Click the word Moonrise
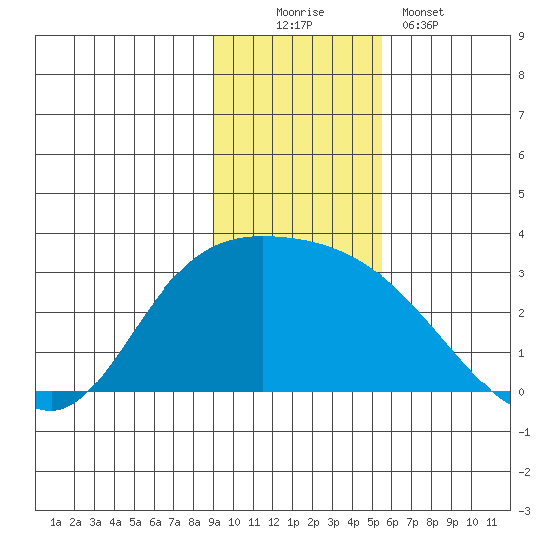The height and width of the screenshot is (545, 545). click(x=300, y=12)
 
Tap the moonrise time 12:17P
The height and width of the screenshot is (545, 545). click(x=294, y=25)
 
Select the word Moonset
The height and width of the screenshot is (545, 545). click(x=423, y=12)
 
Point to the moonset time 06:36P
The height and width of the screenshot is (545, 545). click(x=420, y=25)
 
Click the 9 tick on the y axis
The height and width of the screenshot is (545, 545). click(x=521, y=36)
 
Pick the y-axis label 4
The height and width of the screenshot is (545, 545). click(x=521, y=234)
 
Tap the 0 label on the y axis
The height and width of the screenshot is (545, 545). click(x=521, y=392)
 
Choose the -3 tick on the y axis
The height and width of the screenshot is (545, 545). click(x=524, y=511)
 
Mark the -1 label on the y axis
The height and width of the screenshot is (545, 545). click(x=524, y=432)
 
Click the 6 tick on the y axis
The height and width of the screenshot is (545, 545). click(x=521, y=155)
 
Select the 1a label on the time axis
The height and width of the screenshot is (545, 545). click(x=55, y=522)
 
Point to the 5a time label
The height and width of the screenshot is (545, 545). click(x=135, y=522)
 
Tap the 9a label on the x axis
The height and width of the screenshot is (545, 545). click(x=214, y=522)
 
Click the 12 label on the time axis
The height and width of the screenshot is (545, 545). click(x=273, y=522)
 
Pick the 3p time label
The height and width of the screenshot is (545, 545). click(x=333, y=522)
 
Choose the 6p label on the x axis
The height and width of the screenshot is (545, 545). click(x=392, y=522)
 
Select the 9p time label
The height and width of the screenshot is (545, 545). click(x=452, y=522)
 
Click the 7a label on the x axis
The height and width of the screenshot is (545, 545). click(x=174, y=522)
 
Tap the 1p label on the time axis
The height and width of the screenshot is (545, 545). click(x=293, y=522)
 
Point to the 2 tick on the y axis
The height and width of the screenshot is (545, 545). click(x=521, y=313)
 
